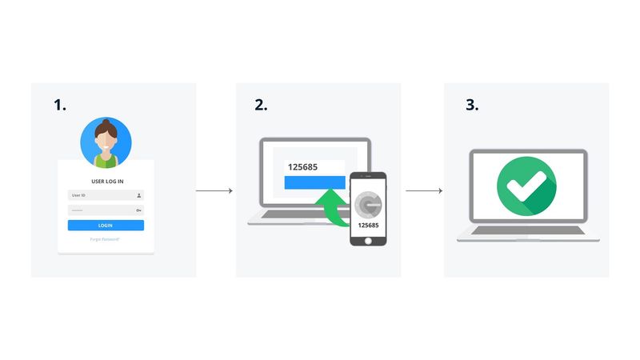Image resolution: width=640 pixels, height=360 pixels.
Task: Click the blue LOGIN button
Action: pyautogui.click(x=106, y=226)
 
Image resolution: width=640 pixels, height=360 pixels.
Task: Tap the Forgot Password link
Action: pyautogui.click(x=106, y=239)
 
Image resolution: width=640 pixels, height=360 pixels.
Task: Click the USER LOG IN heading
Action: pyautogui.click(x=106, y=181)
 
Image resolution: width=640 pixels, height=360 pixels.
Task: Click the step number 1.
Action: pyautogui.click(x=60, y=104)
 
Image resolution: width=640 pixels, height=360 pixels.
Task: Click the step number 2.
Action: pyautogui.click(x=261, y=104)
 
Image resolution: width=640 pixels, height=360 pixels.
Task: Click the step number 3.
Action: pyautogui.click(x=471, y=104)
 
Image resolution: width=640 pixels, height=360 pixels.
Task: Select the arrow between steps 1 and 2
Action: pyautogui.click(x=214, y=191)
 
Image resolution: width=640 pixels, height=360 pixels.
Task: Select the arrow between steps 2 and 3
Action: pyautogui.click(x=423, y=191)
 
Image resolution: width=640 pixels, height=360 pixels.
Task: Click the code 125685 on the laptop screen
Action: pyautogui.click(x=302, y=167)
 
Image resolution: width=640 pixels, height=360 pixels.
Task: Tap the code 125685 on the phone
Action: pyautogui.click(x=368, y=226)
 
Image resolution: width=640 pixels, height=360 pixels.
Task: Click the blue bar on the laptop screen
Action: pyautogui.click(x=314, y=182)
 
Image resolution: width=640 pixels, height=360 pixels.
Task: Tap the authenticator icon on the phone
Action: pyautogui.click(x=368, y=203)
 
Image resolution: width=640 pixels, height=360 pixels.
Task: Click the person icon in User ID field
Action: pyautogui.click(x=139, y=194)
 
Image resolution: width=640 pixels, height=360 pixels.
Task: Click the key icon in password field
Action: pyautogui.click(x=138, y=210)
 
